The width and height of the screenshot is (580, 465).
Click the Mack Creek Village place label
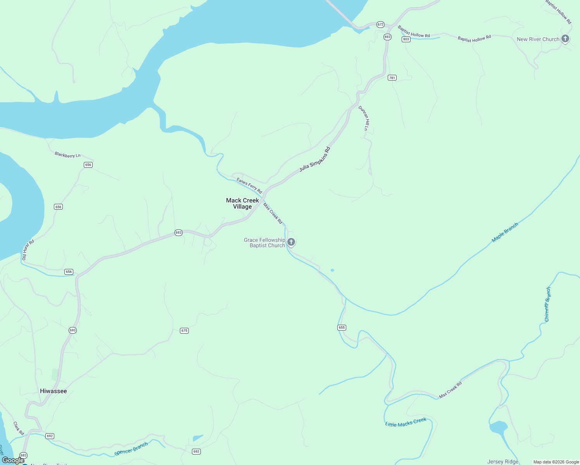pos(242,203)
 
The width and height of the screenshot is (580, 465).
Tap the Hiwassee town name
pos(54,391)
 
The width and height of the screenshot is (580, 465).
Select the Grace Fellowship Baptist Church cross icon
pos(291,242)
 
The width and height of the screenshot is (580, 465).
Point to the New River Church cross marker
pos(565,39)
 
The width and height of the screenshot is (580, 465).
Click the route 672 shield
pos(380,24)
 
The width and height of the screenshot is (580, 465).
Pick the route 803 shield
pos(406,39)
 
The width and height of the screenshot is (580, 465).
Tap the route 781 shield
pos(392,78)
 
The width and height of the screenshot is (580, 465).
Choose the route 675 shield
pos(184,331)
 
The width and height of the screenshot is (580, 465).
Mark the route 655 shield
pos(342,327)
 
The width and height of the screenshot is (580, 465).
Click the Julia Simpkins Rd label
pos(315,159)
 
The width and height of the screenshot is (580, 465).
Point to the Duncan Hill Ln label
pos(364,118)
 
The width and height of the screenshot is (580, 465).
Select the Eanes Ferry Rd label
pos(249,186)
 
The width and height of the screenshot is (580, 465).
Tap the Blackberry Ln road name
pos(67,155)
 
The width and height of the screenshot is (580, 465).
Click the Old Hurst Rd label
pos(28,250)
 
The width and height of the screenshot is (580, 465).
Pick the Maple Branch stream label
pos(505,232)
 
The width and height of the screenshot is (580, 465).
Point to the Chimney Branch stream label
pos(547,304)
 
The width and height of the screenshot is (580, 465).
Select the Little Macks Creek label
pos(406,422)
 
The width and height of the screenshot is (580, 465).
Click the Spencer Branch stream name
pos(131,449)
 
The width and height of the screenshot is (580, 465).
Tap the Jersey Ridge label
pos(503,462)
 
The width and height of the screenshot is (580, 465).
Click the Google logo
pos(13,460)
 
